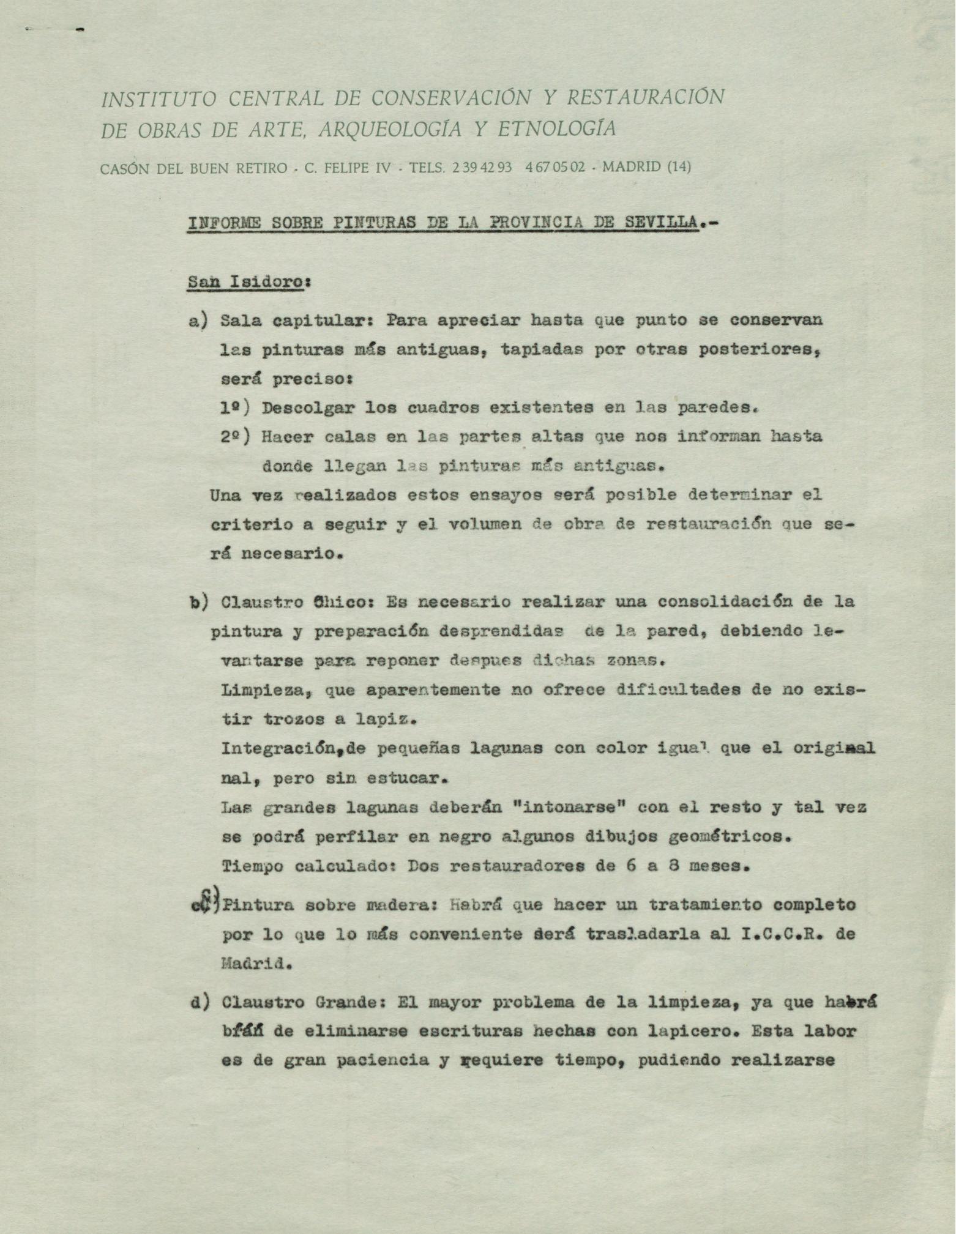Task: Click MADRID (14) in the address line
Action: coord(647,167)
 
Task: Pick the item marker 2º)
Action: coord(236,437)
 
